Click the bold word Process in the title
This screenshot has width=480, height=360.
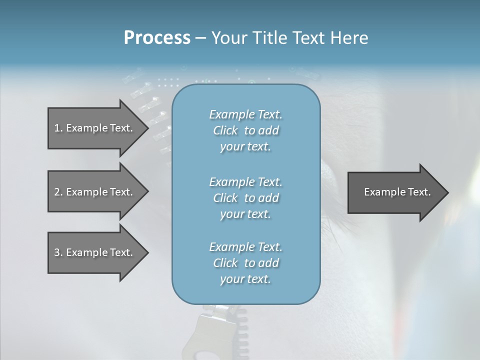pyautogui.click(x=157, y=38)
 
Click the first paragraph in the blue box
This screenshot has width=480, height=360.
pyautogui.click(x=245, y=130)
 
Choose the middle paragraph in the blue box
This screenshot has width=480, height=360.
pyautogui.click(x=245, y=198)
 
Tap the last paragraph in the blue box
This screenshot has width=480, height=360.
pyautogui.click(x=245, y=263)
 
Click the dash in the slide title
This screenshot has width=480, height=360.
pyautogui.click(x=200, y=38)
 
